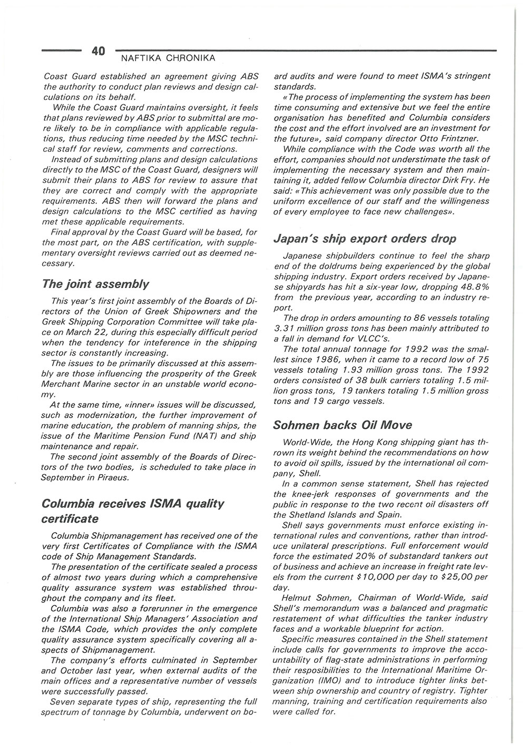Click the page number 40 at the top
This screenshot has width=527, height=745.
point(98,51)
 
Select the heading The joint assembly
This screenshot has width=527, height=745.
point(95,285)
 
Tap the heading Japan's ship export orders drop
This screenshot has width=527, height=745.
point(365,239)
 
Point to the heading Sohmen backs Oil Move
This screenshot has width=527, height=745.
point(343,425)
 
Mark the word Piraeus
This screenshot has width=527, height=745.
point(112,478)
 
